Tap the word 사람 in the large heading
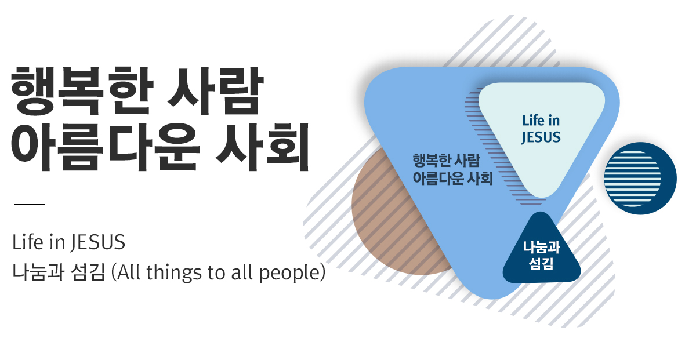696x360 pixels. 215,91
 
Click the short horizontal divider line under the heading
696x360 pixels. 30,205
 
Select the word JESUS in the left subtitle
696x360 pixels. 98,242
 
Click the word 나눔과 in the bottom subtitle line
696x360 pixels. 38,272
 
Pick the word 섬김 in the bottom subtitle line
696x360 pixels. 88,272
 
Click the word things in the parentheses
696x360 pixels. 173,273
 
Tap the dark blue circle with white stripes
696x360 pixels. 640,179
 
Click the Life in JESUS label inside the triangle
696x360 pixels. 541,129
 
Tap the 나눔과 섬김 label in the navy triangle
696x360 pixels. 541,255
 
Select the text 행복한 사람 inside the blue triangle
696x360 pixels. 446,161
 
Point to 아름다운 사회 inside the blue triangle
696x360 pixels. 453,179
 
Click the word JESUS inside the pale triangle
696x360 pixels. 541,137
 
